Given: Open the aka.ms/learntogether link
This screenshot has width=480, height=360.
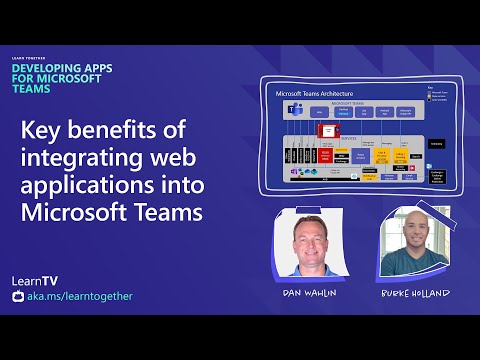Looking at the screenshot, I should click(x=80, y=296).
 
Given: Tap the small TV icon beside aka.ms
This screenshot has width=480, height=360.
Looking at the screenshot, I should click(x=17, y=296).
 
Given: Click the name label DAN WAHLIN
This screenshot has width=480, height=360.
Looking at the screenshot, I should click(x=309, y=294).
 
